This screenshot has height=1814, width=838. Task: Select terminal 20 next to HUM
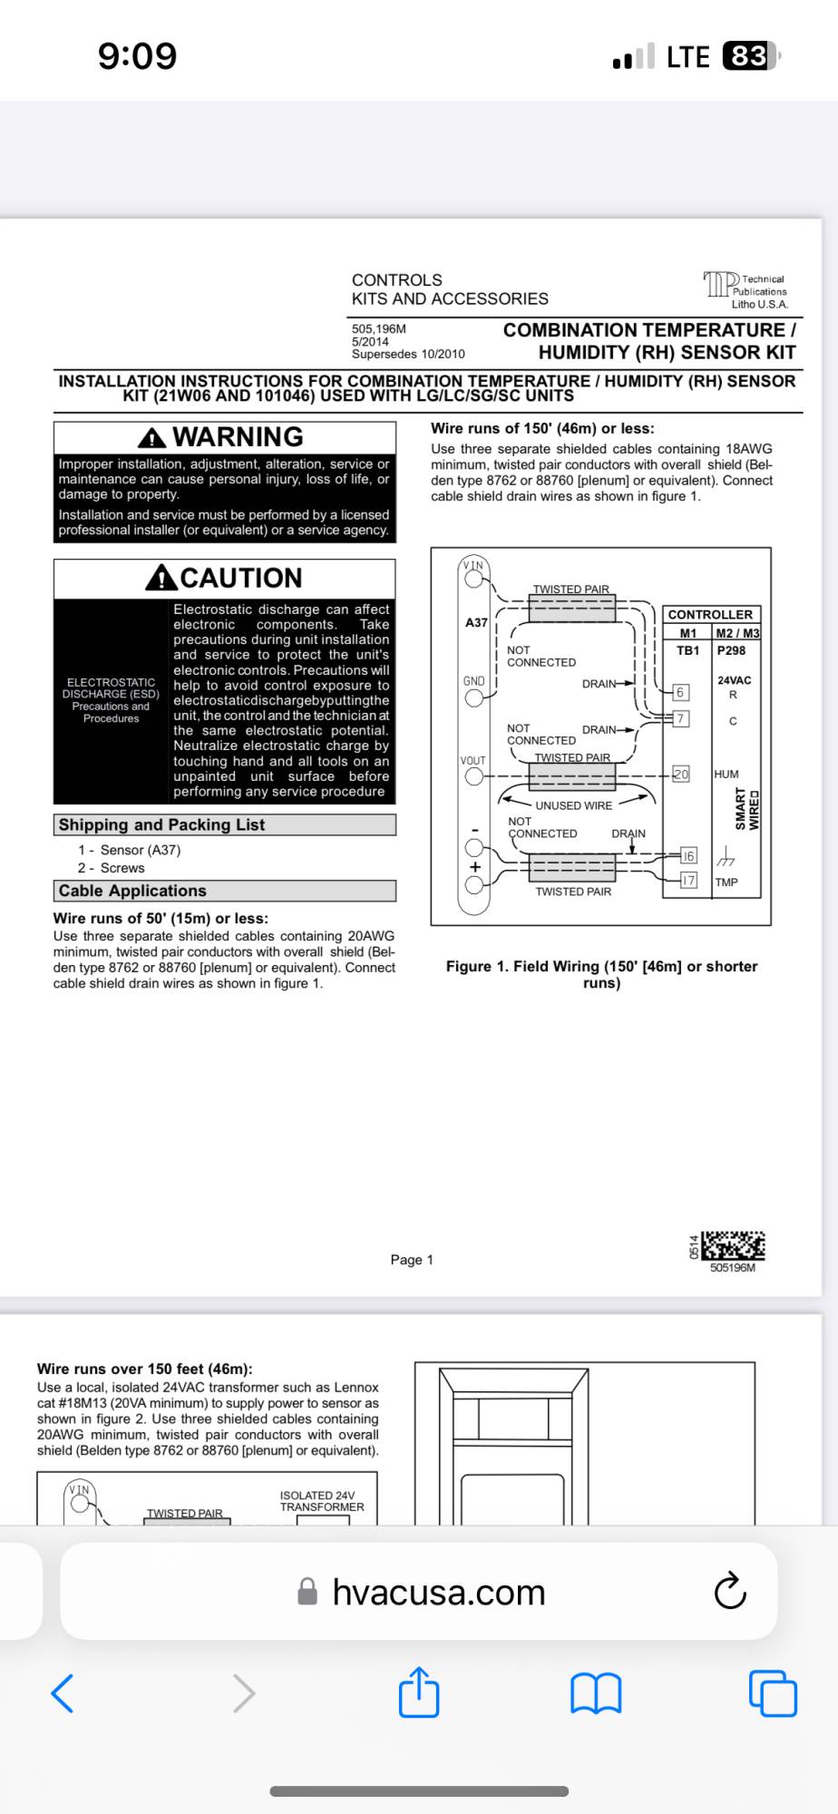tap(681, 775)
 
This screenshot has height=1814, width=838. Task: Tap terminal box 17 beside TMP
tap(689, 881)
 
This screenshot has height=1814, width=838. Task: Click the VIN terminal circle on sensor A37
tap(473, 578)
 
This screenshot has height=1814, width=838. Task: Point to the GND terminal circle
tap(473, 698)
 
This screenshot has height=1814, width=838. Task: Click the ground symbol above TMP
tap(726, 857)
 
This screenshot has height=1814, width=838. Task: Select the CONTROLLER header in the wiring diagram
tap(710, 614)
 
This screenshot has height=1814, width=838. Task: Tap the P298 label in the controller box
tap(731, 650)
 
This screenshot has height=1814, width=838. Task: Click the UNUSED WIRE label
tap(573, 805)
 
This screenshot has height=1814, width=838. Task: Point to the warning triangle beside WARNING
tap(151, 438)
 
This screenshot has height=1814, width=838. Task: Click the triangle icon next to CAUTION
tap(161, 578)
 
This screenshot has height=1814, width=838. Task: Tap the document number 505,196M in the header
tap(379, 329)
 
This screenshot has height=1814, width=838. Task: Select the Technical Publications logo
tap(721, 285)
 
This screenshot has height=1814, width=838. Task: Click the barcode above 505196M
tap(733, 1245)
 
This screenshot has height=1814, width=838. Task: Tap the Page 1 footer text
tap(412, 1260)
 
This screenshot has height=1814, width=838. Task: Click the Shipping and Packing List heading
tap(162, 824)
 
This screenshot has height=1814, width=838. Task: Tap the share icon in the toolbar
tap(419, 1692)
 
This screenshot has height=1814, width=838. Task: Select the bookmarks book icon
tap(596, 1692)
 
